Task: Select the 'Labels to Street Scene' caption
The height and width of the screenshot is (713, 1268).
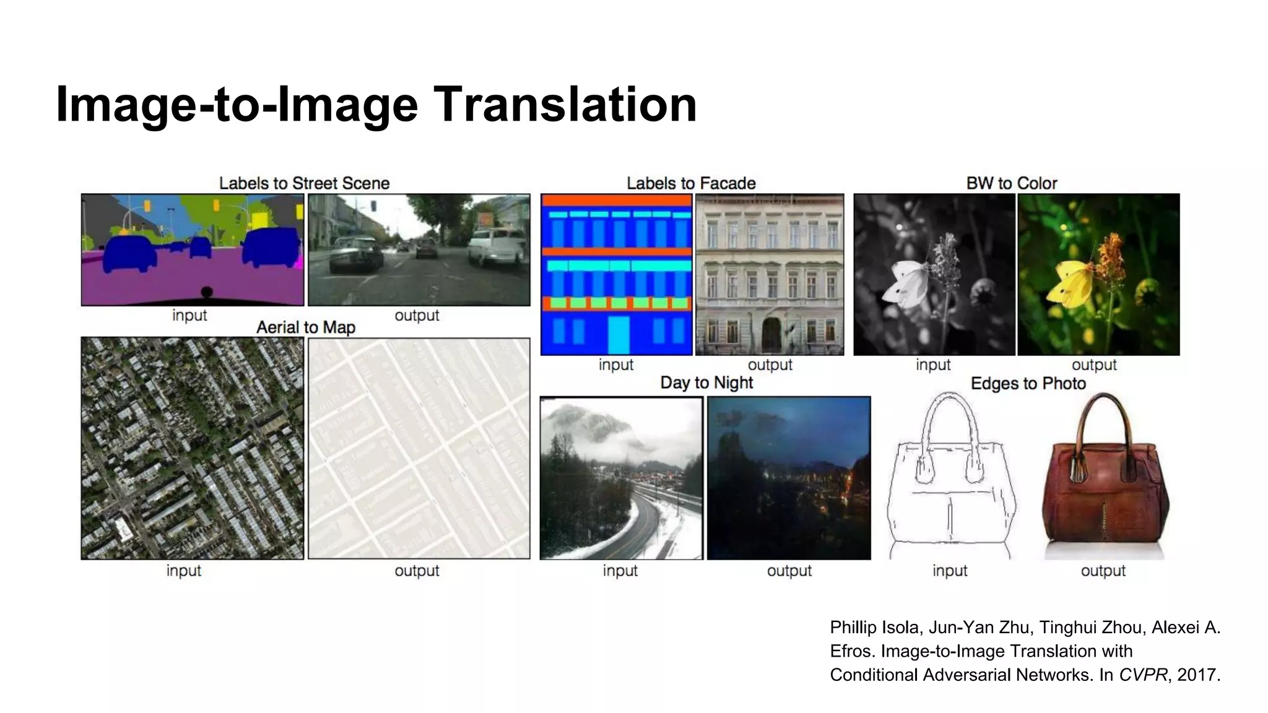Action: (x=304, y=183)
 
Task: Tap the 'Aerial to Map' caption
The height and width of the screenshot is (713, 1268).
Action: (x=306, y=327)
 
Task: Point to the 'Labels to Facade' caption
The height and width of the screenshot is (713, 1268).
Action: (x=691, y=183)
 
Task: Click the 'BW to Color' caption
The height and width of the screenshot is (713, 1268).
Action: (x=1011, y=183)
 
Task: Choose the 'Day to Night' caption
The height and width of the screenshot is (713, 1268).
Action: (x=706, y=382)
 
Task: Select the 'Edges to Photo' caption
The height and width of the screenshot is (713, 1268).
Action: (x=1028, y=384)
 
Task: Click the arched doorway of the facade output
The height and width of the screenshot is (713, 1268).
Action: (x=771, y=335)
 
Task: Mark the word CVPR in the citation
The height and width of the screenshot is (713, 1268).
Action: (x=1142, y=675)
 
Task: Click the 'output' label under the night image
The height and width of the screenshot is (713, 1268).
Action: (x=789, y=571)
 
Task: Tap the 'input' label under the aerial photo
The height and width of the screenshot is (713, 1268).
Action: (x=184, y=571)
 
